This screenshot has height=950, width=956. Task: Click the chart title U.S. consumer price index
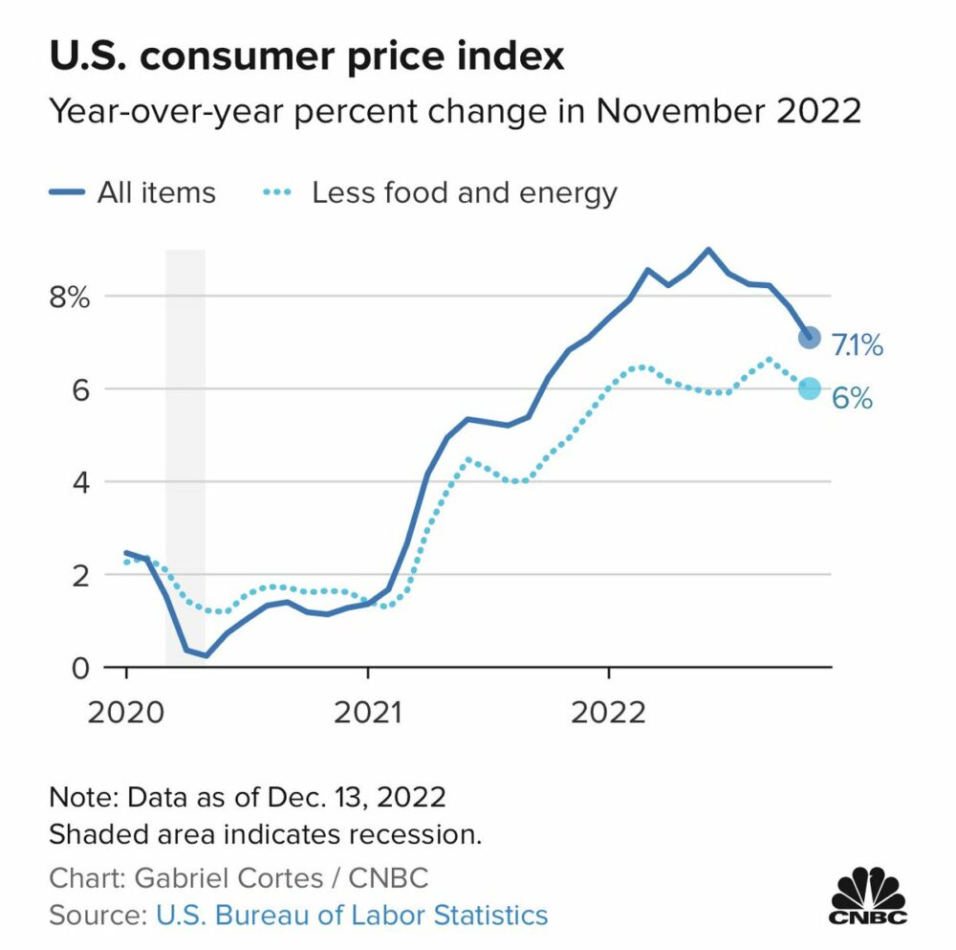pos(307,55)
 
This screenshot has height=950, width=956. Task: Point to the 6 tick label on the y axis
pos(79,389)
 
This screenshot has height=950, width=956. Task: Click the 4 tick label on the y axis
pos(79,482)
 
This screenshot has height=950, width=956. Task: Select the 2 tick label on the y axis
pos(79,575)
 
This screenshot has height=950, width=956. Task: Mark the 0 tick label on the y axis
pos(79,667)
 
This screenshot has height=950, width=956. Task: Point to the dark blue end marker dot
pos(809,337)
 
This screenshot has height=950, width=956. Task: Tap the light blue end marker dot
pos(809,387)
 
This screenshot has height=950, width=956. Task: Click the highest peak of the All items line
pos(707,250)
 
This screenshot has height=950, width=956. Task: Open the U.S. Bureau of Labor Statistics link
pos(352,915)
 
